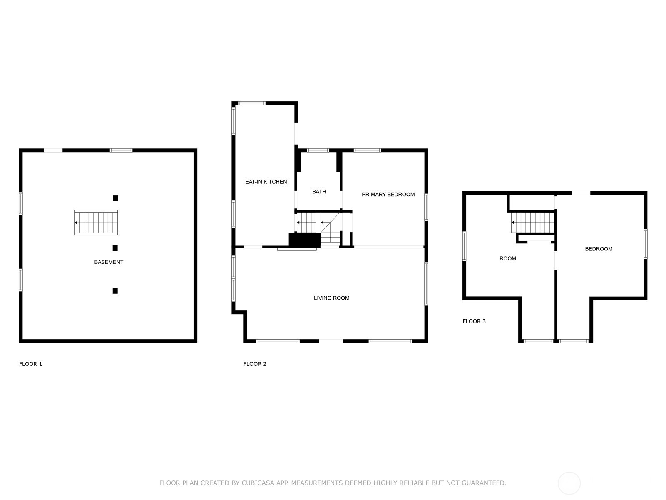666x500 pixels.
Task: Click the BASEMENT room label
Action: (109, 262)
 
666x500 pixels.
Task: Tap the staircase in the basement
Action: (96, 222)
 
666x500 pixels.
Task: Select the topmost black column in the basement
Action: (116, 198)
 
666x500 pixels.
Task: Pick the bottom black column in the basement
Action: (115, 291)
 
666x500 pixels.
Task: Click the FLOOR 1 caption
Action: (30, 364)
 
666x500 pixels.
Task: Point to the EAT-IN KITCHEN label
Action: (266, 182)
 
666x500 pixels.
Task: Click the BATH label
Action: (319, 192)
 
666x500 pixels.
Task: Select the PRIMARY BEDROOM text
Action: (388, 194)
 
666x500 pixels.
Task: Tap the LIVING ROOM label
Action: (331, 298)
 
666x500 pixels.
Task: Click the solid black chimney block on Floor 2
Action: (305, 240)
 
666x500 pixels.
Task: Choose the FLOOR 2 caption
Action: (255, 364)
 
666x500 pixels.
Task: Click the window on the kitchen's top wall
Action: (252, 103)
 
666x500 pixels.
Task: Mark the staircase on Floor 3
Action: (533, 222)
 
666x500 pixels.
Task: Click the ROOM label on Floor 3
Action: (507, 258)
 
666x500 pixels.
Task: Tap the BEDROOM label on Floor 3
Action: (599, 249)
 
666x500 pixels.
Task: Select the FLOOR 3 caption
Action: (474, 321)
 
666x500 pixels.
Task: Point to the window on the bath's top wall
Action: (318, 150)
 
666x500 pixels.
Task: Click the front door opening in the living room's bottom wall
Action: (331, 341)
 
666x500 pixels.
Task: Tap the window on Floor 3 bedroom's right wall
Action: (645, 244)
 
